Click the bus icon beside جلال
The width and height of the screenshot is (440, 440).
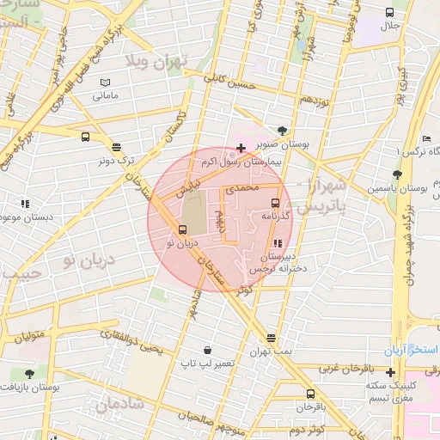(390, 13)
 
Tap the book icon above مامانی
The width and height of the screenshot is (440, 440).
(106, 82)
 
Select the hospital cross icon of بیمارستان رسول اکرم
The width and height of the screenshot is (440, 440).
(241, 149)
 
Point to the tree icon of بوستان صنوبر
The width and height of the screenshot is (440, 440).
(283, 131)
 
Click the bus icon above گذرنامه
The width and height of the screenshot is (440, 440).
(275, 204)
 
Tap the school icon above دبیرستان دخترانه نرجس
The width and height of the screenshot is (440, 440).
(276, 243)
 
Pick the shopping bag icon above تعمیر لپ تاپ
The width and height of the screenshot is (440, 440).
(207, 351)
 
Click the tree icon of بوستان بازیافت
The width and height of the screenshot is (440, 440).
(30, 374)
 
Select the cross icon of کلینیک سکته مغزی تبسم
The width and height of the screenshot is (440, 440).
(391, 373)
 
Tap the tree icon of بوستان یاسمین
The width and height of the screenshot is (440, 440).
(396, 174)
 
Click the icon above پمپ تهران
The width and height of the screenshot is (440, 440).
(272, 338)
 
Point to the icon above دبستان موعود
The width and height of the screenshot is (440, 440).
(25, 205)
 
